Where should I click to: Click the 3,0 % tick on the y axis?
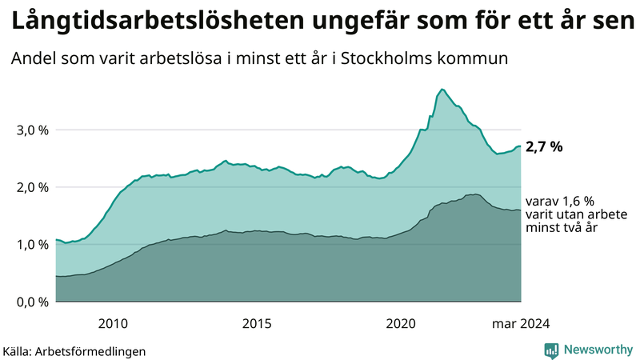point(31,130)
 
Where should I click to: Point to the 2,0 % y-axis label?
point(31,187)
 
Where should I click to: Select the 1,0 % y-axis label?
point(31,245)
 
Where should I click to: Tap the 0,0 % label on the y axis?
point(31,302)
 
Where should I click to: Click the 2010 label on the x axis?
point(113,324)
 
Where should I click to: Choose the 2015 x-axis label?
point(257,324)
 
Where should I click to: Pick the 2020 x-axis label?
point(401,324)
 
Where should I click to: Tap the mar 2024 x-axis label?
point(521,324)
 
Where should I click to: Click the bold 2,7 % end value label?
point(545,147)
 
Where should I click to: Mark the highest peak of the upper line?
point(442,89)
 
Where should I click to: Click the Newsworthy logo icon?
point(551,350)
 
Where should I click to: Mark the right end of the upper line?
point(521,146)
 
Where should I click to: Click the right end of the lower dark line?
point(521,210)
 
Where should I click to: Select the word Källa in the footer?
point(18,351)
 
